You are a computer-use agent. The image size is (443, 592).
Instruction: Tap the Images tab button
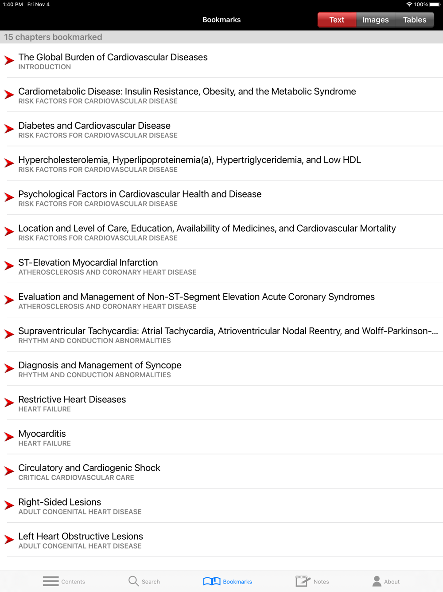coord(375,20)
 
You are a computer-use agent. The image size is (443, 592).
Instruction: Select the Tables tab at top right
coord(414,20)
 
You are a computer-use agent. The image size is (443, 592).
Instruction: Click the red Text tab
coord(337,20)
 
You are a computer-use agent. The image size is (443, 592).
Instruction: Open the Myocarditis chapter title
coord(42,434)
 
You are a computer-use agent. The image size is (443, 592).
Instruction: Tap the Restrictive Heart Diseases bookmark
coord(72,399)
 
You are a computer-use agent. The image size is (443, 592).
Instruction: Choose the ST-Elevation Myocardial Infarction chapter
coord(88,263)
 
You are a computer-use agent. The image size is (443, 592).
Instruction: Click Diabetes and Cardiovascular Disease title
coord(94,126)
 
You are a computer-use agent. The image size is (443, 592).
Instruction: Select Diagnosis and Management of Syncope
coord(100,365)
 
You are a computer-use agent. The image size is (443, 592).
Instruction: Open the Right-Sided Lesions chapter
coord(60,502)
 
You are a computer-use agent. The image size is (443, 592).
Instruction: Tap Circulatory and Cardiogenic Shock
coord(89,468)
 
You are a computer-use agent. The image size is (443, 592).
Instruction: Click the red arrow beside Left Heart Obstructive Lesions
coord(9,540)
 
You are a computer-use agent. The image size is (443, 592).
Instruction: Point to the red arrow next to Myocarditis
coord(9,437)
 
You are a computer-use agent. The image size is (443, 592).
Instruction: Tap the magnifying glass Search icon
coord(133,581)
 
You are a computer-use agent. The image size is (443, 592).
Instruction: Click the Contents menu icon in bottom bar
coord(51,581)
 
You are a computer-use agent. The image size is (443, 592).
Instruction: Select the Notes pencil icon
coord(303,581)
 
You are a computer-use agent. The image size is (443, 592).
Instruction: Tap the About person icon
coord(377,581)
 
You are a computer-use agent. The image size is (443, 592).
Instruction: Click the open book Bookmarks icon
coord(212,581)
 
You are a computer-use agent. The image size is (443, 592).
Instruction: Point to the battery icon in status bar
coord(435,4)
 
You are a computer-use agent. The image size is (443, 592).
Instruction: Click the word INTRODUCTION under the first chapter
coord(45,67)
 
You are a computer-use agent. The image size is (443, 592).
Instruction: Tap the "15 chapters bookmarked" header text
coord(53,37)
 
